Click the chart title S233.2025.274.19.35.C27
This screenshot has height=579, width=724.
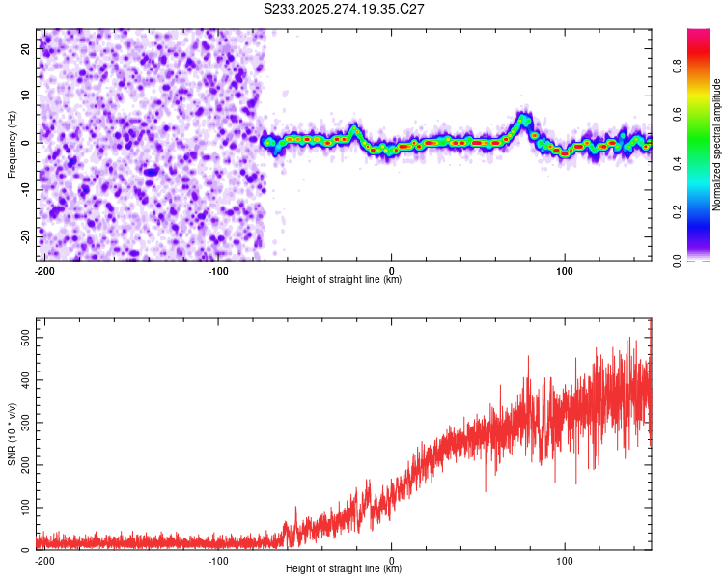(x=345, y=9)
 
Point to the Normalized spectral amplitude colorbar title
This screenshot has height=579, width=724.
(x=716, y=145)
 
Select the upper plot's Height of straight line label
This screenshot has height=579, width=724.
(x=344, y=280)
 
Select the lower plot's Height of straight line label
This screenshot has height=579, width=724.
(x=344, y=569)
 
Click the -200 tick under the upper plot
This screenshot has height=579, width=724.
(x=44, y=270)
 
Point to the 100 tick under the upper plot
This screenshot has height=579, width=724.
(x=565, y=270)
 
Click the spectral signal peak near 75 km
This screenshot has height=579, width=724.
(x=522, y=120)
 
